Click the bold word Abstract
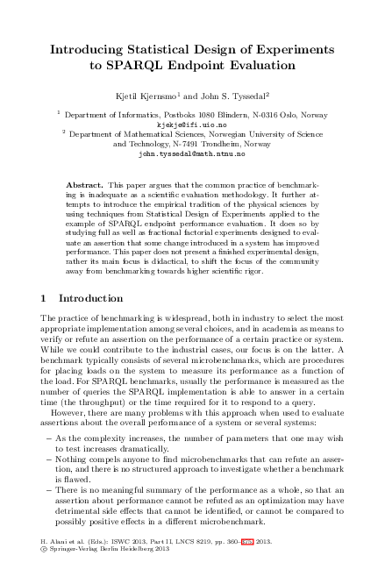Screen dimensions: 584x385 coord(85,186)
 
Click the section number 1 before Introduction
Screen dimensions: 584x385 coord(46,299)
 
